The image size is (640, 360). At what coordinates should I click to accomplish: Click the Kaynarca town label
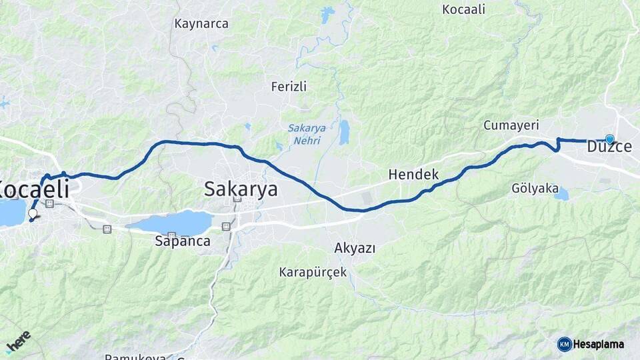(x=201, y=24)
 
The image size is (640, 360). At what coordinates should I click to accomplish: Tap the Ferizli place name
(x=289, y=87)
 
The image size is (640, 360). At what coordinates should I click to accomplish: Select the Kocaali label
(x=463, y=9)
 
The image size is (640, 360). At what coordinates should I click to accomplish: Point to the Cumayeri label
(x=511, y=125)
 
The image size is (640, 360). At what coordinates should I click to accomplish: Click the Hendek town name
(x=413, y=175)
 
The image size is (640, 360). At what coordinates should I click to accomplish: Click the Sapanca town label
(x=182, y=241)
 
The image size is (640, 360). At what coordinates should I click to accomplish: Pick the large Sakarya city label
(x=241, y=189)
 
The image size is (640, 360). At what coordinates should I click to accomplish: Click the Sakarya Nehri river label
(x=304, y=134)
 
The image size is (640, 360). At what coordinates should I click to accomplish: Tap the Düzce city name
(x=609, y=147)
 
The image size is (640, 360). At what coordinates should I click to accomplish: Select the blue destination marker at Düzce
(x=609, y=139)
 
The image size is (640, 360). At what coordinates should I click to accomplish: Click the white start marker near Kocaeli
(x=33, y=214)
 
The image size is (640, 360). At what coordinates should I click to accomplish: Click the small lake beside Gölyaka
(x=562, y=194)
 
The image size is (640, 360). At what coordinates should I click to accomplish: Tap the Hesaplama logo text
(x=599, y=344)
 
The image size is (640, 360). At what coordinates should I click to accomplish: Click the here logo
(x=18, y=341)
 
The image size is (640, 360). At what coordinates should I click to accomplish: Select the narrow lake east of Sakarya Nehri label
(x=344, y=132)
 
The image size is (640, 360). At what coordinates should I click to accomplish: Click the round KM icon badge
(x=564, y=344)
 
